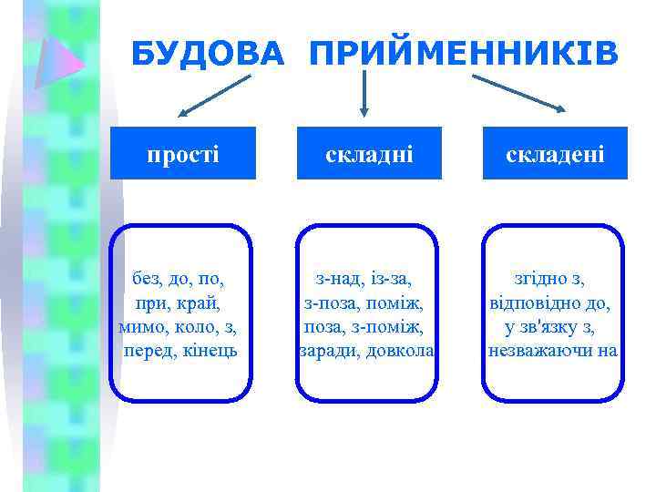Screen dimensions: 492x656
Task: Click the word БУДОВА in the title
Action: (208, 55)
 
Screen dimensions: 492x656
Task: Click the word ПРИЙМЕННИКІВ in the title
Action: (464, 55)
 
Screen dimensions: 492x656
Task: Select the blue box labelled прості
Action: (183, 153)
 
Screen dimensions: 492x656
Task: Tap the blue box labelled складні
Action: (369, 153)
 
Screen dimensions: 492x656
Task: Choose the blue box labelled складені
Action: (555, 153)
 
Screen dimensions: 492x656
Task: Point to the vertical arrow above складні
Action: (364, 93)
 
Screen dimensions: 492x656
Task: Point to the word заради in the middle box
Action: (328, 350)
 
